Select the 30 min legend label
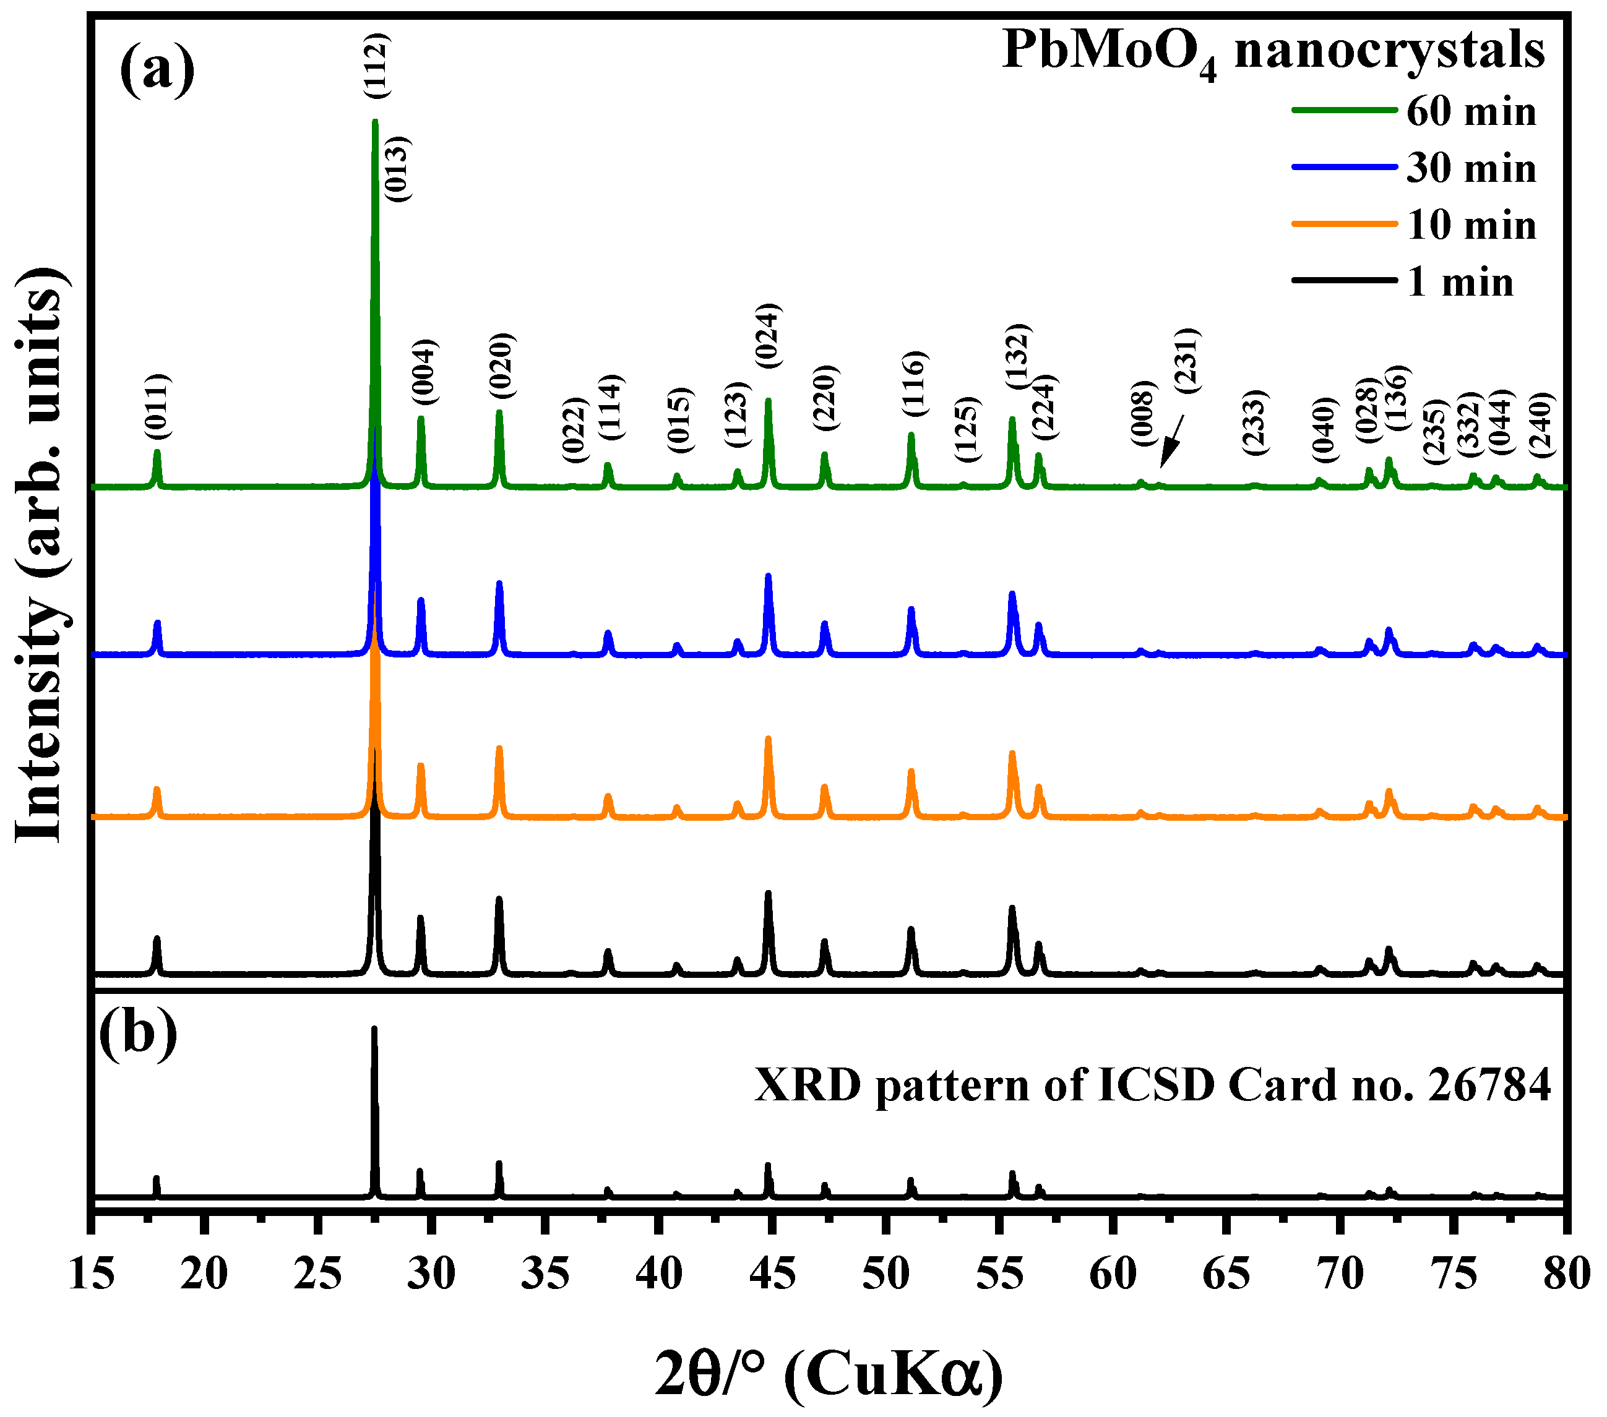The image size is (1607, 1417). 1470,168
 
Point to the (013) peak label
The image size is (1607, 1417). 398,169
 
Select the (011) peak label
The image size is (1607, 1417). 157,406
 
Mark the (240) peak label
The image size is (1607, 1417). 1540,424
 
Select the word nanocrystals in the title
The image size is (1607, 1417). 1389,49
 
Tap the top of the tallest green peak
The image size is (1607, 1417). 375,122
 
